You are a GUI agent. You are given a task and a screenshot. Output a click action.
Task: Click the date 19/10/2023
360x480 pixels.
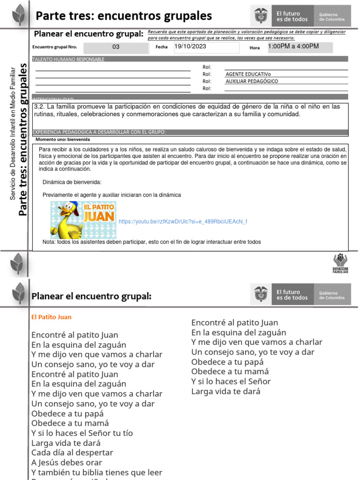[190, 47]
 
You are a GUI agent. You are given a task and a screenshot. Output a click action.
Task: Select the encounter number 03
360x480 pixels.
[116, 47]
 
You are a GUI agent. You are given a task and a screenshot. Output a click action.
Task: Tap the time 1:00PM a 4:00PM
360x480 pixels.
[293, 47]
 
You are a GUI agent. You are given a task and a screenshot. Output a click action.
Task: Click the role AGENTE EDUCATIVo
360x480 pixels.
[248, 74]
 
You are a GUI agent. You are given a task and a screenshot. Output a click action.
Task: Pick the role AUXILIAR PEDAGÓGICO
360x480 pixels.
[252, 81]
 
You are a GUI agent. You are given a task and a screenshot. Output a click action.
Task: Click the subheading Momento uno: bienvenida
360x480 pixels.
[63, 140]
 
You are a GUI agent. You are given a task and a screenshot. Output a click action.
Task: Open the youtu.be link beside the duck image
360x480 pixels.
[183, 221]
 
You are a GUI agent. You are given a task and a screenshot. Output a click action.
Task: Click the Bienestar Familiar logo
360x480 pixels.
[340, 263]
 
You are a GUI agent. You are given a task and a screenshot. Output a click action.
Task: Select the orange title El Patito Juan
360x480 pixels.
[52, 317]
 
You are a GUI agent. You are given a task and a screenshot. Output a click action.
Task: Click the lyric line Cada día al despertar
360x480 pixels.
[72, 453]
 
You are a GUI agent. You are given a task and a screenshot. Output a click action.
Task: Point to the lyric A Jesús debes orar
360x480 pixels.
[67, 463]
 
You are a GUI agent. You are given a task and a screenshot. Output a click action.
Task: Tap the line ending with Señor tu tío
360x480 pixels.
[82, 433]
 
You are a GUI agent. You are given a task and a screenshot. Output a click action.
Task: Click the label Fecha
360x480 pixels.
[161, 47]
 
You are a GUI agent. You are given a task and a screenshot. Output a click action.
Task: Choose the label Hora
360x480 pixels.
[255, 48]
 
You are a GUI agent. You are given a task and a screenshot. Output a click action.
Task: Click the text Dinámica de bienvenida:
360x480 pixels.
[72, 182]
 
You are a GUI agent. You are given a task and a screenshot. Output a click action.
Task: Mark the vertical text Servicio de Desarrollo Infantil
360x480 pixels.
[13, 133]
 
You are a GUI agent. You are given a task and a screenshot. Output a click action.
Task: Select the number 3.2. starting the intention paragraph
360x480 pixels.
[39, 106]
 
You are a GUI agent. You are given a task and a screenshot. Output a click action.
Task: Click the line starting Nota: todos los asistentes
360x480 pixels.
[151, 242]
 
